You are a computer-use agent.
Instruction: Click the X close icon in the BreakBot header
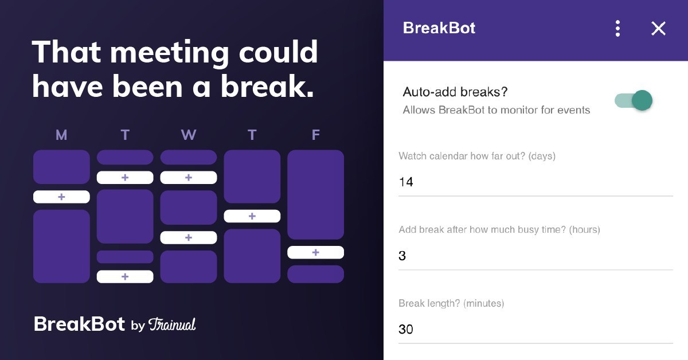click(x=658, y=29)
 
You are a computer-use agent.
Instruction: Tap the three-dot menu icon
click(x=617, y=29)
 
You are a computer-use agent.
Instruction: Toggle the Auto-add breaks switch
click(x=634, y=100)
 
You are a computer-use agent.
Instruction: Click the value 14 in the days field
click(x=406, y=182)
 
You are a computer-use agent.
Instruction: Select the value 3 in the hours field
click(x=402, y=256)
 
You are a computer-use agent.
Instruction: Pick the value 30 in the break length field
click(x=406, y=330)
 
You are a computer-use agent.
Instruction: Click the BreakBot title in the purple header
click(x=439, y=28)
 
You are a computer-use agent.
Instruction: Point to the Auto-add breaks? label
click(x=455, y=92)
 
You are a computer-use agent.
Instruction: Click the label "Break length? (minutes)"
click(x=451, y=303)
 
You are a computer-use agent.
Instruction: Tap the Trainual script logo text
click(x=172, y=324)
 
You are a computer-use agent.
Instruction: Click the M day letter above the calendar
click(x=61, y=135)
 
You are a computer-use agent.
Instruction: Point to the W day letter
click(x=188, y=135)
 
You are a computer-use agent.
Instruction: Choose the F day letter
click(x=315, y=135)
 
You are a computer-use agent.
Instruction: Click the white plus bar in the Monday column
click(x=61, y=197)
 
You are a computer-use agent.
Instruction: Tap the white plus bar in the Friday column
click(x=315, y=252)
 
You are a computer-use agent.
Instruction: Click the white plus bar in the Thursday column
click(x=252, y=216)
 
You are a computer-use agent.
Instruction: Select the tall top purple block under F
click(x=315, y=195)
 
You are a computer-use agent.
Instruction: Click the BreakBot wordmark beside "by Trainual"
click(x=79, y=324)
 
